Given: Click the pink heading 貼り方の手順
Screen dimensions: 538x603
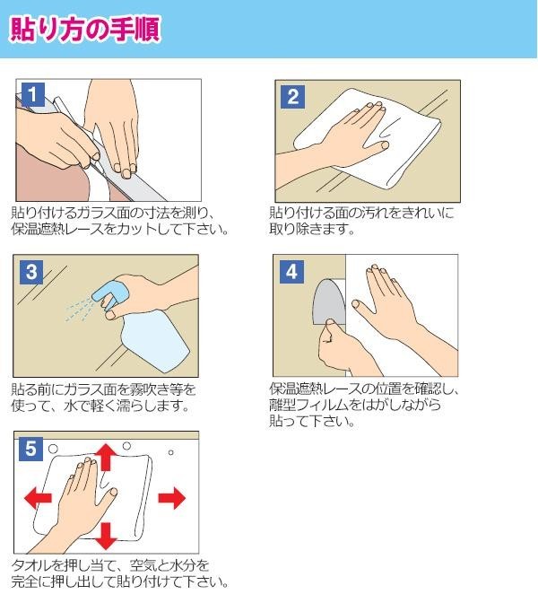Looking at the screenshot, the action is pyautogui.click(x=85, y=29).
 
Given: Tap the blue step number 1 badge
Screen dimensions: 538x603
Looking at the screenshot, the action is pyautogui.click(x=32, y=94).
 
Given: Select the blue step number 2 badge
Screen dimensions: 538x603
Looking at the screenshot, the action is pyautogui.click(x=293, y=96).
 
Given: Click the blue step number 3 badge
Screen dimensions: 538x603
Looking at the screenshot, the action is pyautogui.click(x=31, y=272).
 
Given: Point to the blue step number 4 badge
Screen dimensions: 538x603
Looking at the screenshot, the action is pyautogui.click(x=291, y=272).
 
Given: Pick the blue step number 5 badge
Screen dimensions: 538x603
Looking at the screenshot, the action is pyautogui.click(x=30, y=449).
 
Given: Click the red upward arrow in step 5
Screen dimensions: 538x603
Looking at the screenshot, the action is pyautogui.click(x=106, y=457).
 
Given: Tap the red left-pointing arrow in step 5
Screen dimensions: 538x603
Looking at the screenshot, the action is pyautogui.click(x=38, y=498).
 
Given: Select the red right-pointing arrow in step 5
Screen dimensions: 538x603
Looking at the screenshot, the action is pyautogui.click(x=172, y=498).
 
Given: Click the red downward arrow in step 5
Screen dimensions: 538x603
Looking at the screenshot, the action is pyautogui.click(x=106, y=536).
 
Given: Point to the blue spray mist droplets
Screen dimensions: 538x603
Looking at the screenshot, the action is pyautogui.click(x=79, y=310).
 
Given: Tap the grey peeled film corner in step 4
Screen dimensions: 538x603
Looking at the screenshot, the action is pyautogui.click(x=328, y=301).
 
